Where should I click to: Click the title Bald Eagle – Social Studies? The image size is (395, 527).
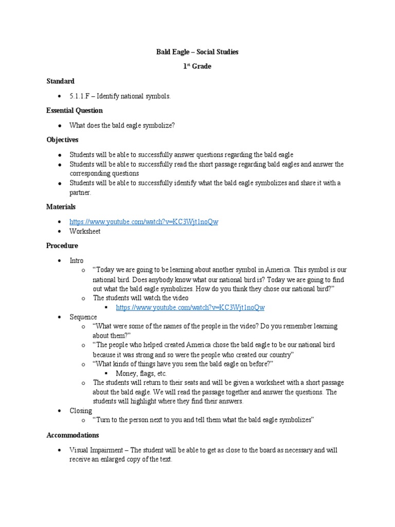point(197,52)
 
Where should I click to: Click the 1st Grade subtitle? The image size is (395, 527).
point(197,66)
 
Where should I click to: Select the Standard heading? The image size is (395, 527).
point(60,81)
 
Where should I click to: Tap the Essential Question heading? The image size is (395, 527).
point(75,111)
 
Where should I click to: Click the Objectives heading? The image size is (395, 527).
point(62,139)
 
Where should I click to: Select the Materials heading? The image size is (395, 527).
point(61,206)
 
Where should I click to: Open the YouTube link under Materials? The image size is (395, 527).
point(144,221)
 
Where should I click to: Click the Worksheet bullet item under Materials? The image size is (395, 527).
point(85,231)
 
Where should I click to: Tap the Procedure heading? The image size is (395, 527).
point(62,245)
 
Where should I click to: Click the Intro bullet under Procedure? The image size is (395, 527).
point(77,260)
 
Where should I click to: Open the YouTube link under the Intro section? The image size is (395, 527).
point(190,307)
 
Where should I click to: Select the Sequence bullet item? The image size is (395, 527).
point(83,317)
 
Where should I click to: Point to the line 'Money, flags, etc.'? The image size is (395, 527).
point(141,373)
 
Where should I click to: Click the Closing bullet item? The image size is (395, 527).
point(81,410)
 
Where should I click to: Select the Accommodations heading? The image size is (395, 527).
point(73,435)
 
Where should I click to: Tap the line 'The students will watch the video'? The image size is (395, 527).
point(140,298)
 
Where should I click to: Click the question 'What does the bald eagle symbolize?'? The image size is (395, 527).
point(122,125)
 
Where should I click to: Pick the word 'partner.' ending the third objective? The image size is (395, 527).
point(80,192)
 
